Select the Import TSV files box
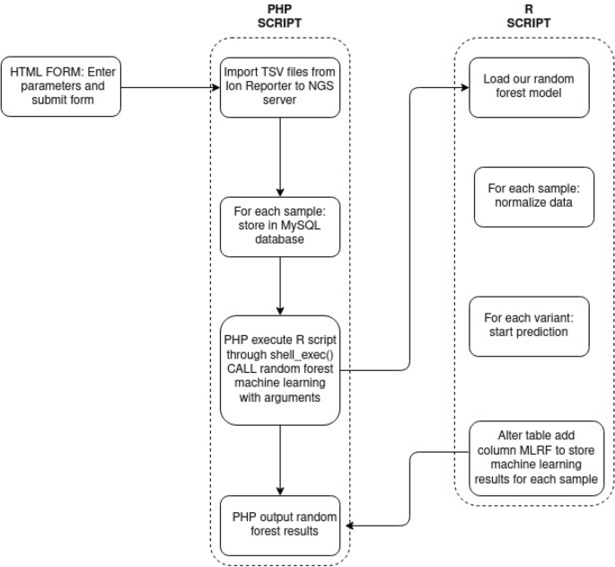coord(281,86)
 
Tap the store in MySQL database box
coord(281,226)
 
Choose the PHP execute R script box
coord(281,368)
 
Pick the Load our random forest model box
coord(529,86)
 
